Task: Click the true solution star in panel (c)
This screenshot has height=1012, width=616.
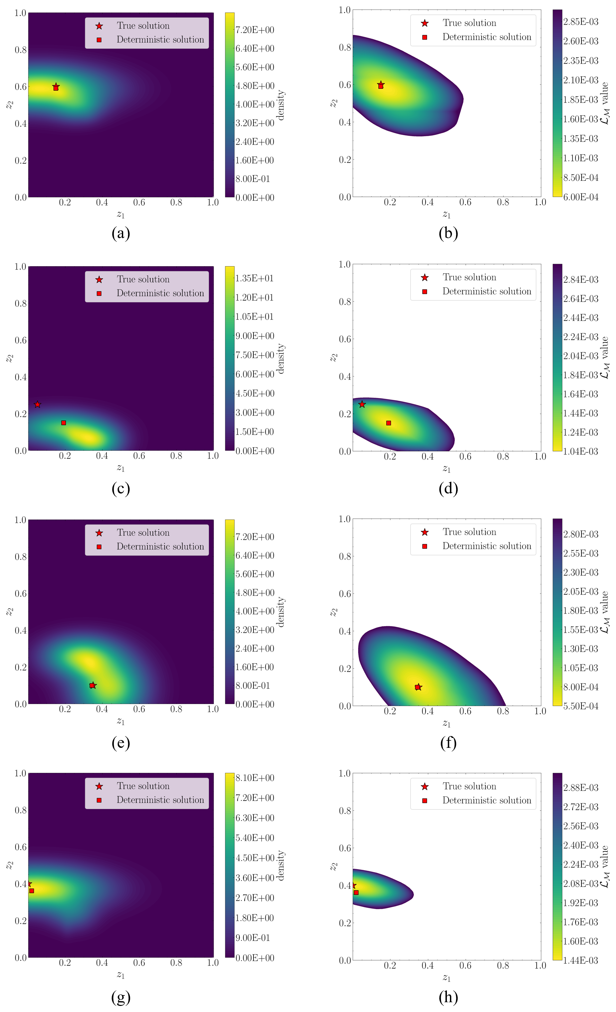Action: pyautogui.click(x=37, y=405)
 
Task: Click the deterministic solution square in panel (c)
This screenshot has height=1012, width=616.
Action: pyautogui.click(x=63, y=423)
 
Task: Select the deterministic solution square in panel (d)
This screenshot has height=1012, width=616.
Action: pyautogui.click(x=389, y=423)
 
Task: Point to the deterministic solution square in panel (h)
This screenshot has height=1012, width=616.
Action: pyautogui.click(x=356, y=892)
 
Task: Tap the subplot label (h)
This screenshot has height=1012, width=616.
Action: pyautogui.click(x=448, y=997)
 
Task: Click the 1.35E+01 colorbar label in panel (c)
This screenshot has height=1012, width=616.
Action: pyautogui.click(x=254, y=278)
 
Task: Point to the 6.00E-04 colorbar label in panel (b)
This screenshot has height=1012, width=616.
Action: pyautogui.click(x=580, y=197)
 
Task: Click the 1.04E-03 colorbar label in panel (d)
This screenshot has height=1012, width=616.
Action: pyautogui.click(x=580, y=451)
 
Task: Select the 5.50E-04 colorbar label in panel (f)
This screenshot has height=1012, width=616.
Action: pyautogui.click(x=580, y=706)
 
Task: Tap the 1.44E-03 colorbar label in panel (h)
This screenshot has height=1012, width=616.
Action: pyautogui.click(x=580, y=960)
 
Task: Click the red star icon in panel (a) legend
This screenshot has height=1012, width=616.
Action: pyautogui.click(x=99, y=26)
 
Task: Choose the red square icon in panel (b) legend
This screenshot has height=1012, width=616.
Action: pyautogui.click(x=425, y=37)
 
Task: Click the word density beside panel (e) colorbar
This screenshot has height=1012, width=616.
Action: pyautogui.click(x=281, y=612)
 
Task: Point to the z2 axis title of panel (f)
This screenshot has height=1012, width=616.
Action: pyautogui.click(x=333, y=612)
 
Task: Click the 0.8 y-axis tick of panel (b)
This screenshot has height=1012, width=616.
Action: pyautogui.click(x=345, y=48)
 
